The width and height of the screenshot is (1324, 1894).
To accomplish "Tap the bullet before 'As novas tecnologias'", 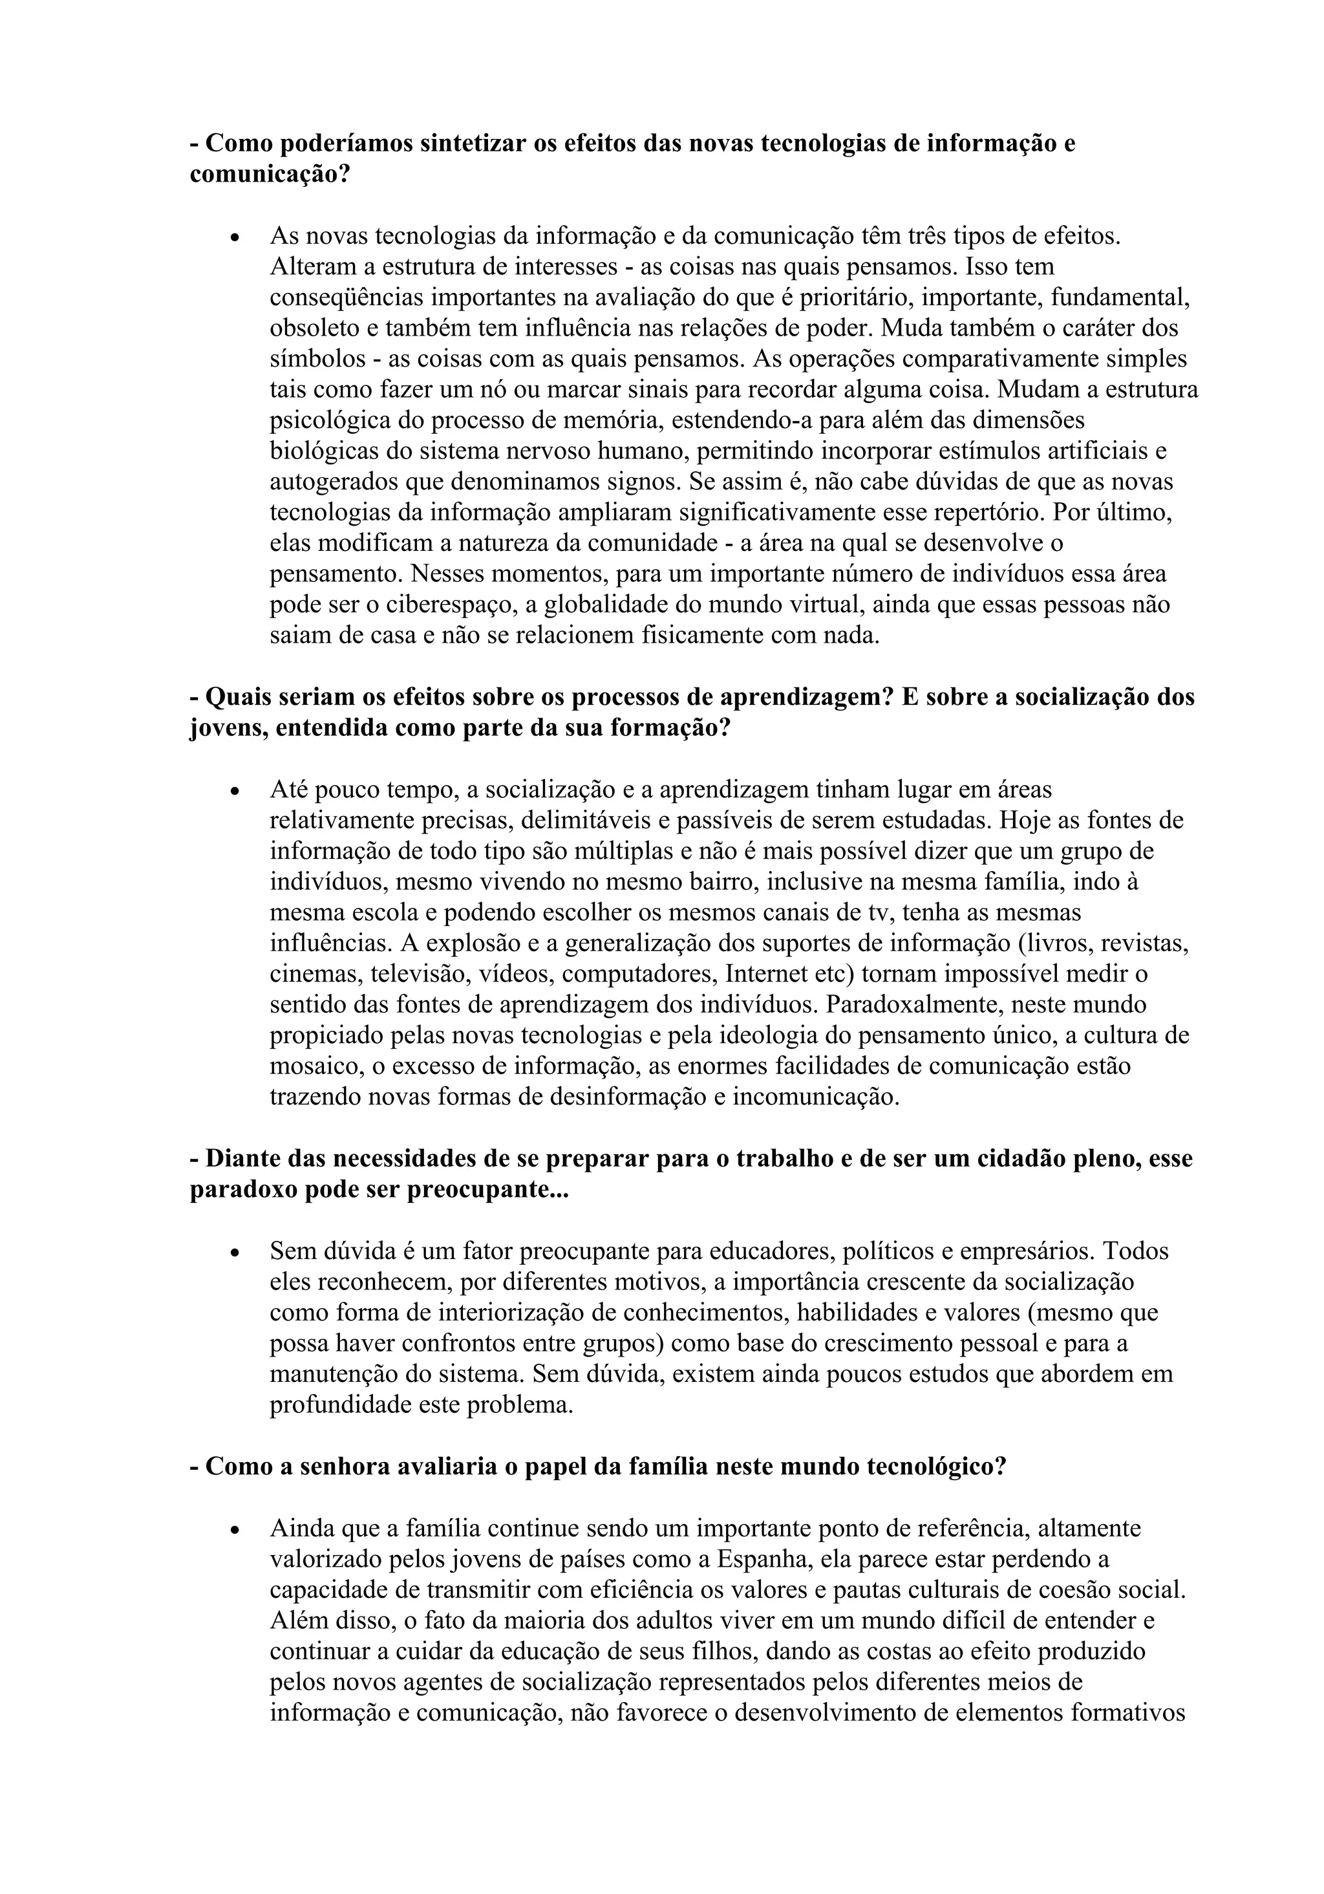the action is (236, 237).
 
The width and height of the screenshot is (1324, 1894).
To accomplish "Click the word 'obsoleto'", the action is (314, 328).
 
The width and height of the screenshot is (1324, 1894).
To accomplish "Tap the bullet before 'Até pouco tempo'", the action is (236, 791).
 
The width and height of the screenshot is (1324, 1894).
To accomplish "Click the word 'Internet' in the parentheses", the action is (766, 974).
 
